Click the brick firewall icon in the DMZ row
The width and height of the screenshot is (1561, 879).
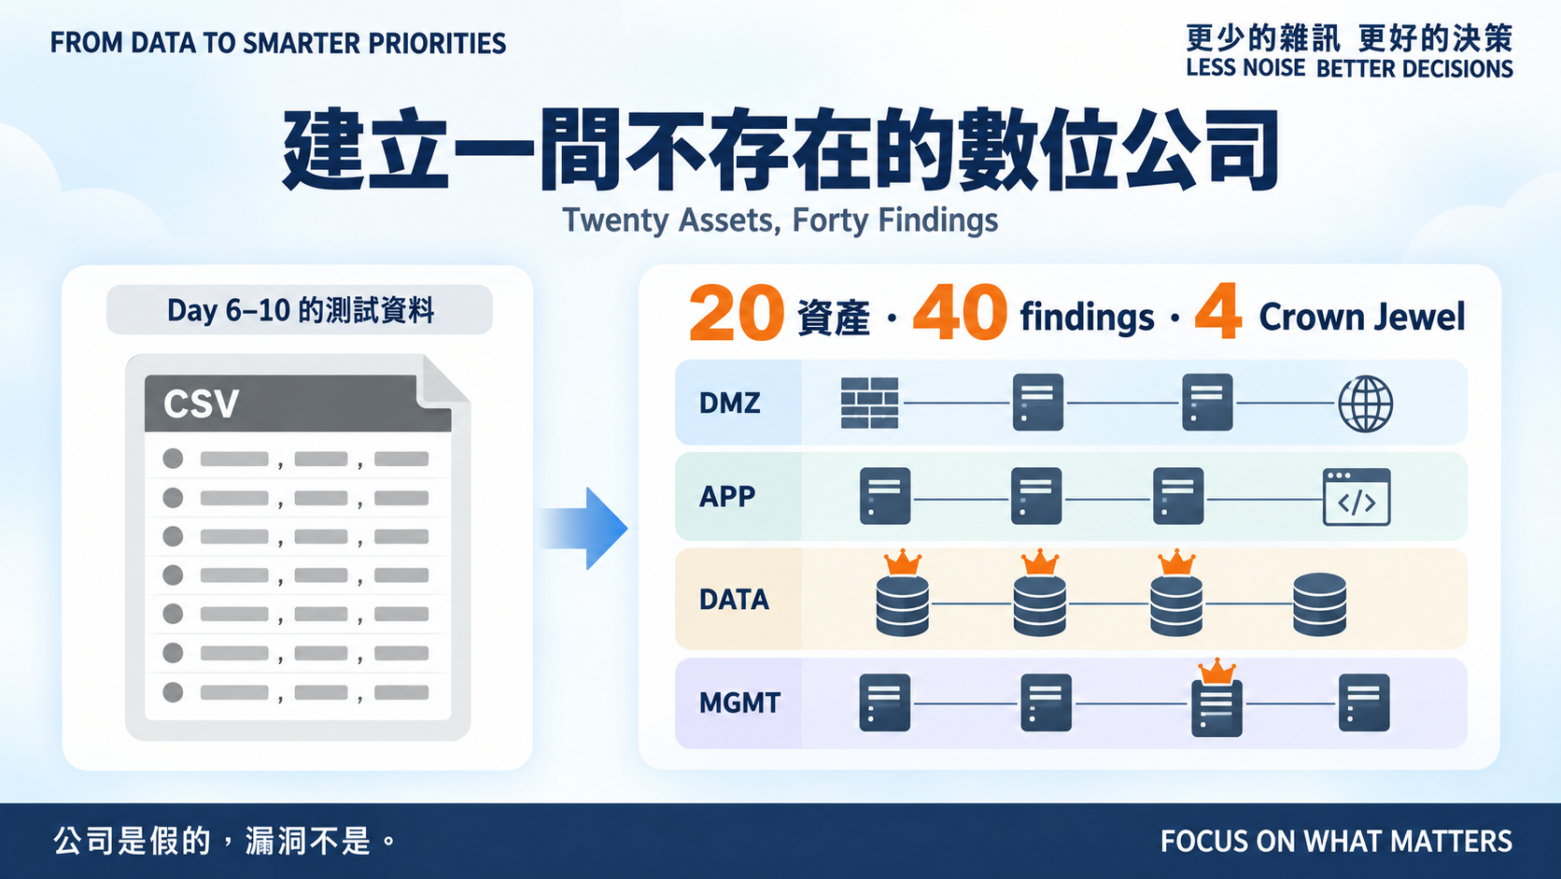point(870,403)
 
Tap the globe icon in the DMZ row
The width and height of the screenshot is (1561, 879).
point(1365,404)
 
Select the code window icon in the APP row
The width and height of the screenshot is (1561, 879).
point(1357,497)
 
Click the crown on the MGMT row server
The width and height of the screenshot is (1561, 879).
point(1216,671)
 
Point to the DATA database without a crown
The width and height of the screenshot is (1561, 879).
point(1319,603)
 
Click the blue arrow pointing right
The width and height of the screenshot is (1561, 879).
point(584,528)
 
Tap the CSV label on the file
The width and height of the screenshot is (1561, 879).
point(201,404)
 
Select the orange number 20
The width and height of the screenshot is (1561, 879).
point(737,312)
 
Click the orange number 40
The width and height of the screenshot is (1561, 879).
point(960,312)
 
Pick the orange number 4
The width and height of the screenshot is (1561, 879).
point(1218,311)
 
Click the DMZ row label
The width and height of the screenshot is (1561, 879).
point(729,403)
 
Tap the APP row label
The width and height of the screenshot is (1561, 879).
point(727,496)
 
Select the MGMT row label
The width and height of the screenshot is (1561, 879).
point(739,702)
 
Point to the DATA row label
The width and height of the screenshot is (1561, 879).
point(734,600)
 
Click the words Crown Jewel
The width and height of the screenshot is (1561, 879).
point(1362,318)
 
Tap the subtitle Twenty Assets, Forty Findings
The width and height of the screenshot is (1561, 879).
point(780,220)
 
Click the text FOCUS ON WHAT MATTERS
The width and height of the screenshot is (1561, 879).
point(1336,841)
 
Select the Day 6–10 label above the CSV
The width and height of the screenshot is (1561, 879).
point(301,310)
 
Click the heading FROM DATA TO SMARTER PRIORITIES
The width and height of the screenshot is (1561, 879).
point(278,43)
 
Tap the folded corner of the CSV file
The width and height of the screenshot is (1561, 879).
point(443,380)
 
